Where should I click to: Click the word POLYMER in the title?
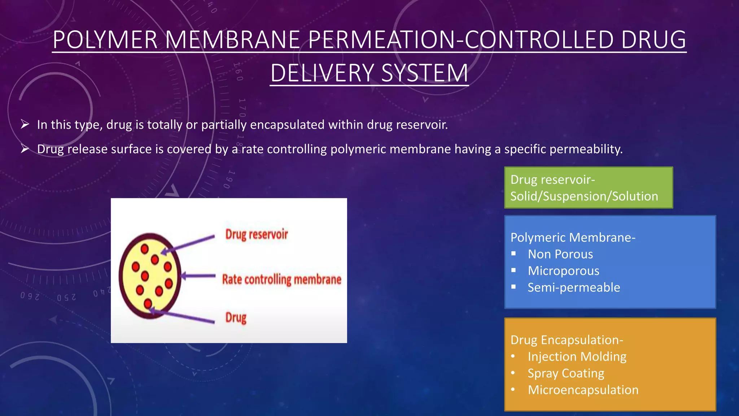click(x=105, y=40)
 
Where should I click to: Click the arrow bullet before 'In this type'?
click(x=25, y=124)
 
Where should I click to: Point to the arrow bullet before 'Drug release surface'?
click(x=25, y=148)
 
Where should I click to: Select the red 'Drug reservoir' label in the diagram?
click(x=257, y=234)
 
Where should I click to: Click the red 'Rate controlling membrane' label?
click(x=281, y=279)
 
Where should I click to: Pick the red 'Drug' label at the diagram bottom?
click(x=236, y=317)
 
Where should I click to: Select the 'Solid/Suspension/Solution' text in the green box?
click(x=584, y=196)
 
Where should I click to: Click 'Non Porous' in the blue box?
click(x=560, y=254)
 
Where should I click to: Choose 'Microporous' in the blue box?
click(x=563, y=271)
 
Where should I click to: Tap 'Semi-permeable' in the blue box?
click(x=574, y=287)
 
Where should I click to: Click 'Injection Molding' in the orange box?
click(x=577, y=356)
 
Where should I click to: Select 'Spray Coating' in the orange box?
click(x=566, y=373)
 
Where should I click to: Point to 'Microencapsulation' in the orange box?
click(x=583, y=390)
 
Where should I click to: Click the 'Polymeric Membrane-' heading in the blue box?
click(x=573, y=237)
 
